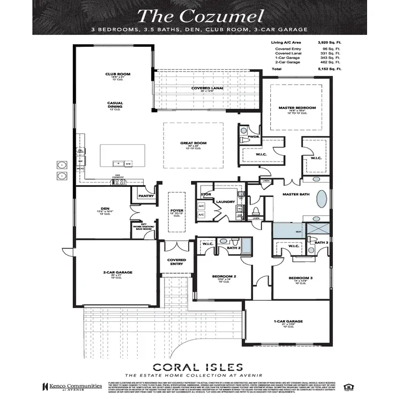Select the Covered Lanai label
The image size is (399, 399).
point(207,88)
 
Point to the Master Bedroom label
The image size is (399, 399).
point(297,108)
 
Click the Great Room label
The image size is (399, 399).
point(193,143)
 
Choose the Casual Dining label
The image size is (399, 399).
point(115,104)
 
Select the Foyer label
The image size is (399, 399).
point(176,211)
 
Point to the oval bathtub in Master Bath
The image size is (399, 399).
point(323,199)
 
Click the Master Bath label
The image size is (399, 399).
point(294,194)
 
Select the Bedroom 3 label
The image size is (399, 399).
point(300,278)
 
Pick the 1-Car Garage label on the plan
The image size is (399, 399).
point(288,321)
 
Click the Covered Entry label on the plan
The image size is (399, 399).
point(176,261)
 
